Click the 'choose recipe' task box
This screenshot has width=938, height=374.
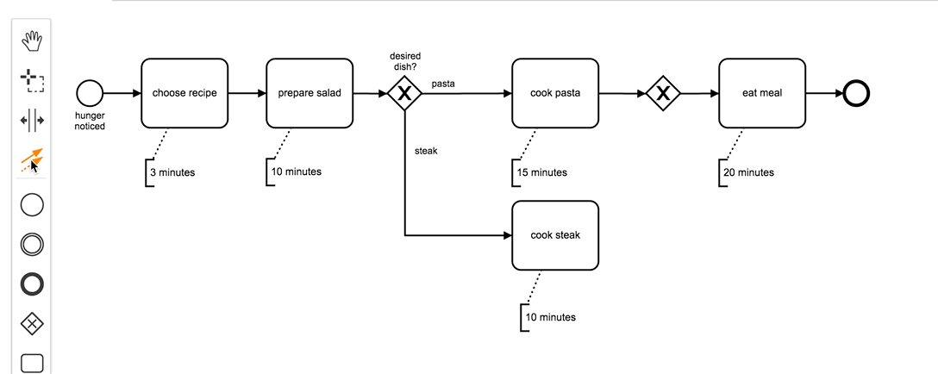tap(184, 93)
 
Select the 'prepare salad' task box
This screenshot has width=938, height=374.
tap(310, 93)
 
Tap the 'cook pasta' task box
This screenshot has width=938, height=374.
tap(555, 93)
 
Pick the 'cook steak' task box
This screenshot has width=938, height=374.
tap(555, 235)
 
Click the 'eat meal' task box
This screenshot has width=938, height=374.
tap(761, 93)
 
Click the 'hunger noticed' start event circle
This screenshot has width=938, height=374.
tap(90, 93)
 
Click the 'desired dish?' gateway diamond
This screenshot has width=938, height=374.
tap(403, 93)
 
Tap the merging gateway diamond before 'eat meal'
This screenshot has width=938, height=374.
tap(663, 93)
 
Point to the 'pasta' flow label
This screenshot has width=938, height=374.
tap(443, 84)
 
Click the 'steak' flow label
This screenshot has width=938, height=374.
tap(426, 151)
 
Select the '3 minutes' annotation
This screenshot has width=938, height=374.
tap(172, 172)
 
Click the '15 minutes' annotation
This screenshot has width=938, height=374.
tap(541, 172)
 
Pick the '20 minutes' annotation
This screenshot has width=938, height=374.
tap(748, 172)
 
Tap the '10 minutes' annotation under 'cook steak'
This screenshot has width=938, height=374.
tap(550, 317)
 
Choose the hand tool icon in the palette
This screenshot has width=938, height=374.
tap(32, 41)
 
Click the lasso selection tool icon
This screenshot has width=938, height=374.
tap(32, 81)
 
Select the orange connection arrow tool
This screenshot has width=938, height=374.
tap(32, 159)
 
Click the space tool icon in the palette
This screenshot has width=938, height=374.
tap(32, 120)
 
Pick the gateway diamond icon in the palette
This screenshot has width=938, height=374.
tap(32, 323)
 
